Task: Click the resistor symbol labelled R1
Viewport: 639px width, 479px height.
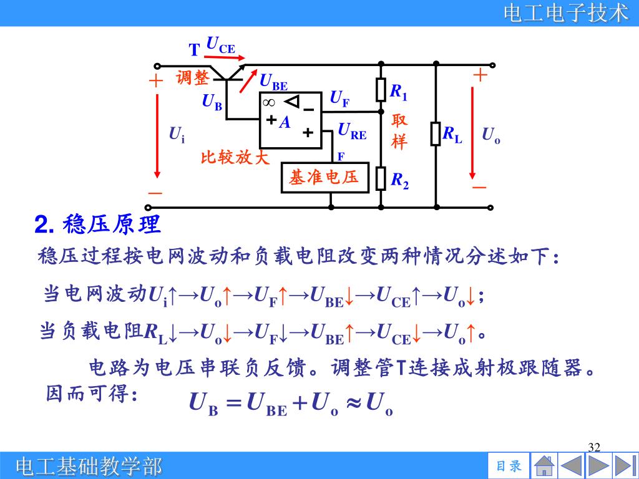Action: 381,90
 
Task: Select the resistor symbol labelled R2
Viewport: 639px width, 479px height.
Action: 381,178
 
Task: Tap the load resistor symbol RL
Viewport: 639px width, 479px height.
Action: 436,134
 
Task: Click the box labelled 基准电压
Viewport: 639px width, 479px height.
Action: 324,178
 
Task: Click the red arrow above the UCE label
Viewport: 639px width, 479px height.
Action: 220,55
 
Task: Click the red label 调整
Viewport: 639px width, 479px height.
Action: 192,78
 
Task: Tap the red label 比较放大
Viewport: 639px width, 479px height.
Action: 235,157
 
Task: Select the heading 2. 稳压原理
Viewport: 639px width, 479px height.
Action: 97,225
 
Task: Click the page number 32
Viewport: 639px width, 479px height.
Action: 594,447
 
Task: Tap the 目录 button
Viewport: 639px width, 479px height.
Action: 509,466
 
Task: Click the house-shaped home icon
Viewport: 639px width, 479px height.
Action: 544,466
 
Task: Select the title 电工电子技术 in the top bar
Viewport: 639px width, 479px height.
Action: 566,13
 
